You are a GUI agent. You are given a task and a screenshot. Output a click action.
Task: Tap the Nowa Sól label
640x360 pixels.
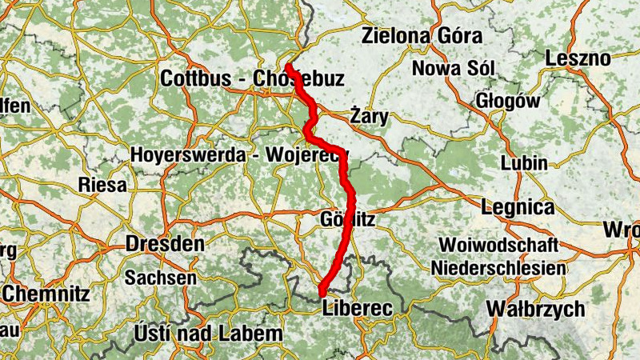(454, 68)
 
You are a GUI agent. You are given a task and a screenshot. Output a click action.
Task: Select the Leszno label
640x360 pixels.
(577, 58)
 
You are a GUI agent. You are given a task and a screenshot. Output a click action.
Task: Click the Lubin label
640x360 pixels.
(524, 163)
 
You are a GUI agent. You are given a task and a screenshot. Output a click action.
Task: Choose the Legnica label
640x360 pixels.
(518, 207)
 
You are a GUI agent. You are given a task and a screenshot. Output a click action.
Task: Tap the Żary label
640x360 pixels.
(370, 117)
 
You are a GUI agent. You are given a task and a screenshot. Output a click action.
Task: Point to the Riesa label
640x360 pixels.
(102, 186)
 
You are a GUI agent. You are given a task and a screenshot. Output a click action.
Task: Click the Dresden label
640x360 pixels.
(164, 244)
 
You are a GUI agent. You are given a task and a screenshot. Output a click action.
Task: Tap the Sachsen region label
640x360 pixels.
(160, 278)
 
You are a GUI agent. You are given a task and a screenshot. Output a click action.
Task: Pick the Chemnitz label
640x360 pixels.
(47, 294)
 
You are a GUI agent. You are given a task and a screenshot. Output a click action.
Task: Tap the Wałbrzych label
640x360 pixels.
(535, 309)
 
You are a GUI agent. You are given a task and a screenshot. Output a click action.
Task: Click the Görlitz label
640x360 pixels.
(346, 218)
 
